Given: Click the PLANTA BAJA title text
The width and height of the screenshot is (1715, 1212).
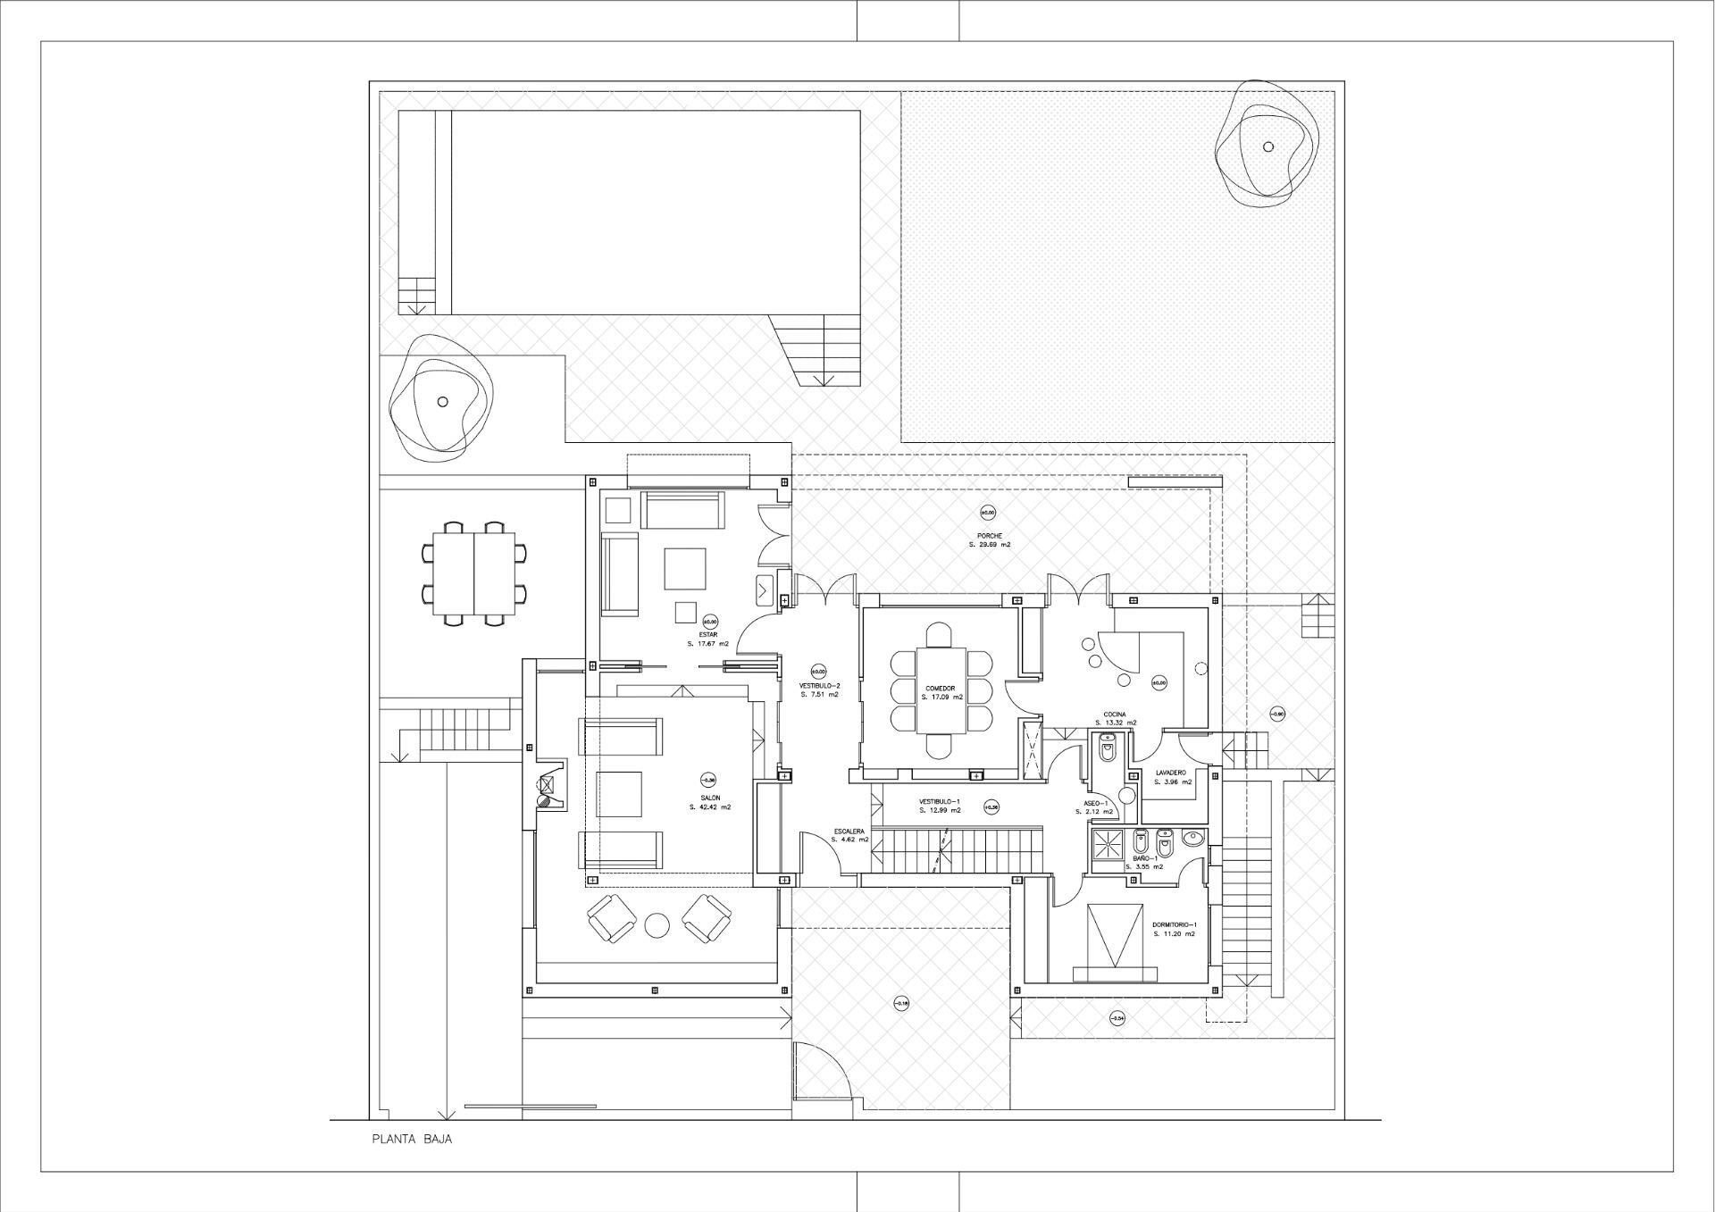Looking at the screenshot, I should pyautogui.click(x=412, y=1140).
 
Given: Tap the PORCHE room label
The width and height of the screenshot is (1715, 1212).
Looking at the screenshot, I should pyautogui.click(x=989, y=536).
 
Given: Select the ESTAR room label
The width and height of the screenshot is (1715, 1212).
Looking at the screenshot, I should pyautogui.click(x=708, y=635).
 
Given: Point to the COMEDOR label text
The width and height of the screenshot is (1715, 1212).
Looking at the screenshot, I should pyautogui.click(x=940, y=689).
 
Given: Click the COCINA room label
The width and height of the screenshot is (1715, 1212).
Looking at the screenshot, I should pyautogui.click(x=1114, y=715).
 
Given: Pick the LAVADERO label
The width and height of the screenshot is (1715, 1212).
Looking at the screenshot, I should pyautogui.click(x=1170, y=773).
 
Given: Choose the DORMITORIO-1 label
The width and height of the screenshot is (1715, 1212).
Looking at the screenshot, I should pyautogui.click(x=1174, y=924).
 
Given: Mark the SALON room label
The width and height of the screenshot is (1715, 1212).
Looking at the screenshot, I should pyautogui.click(x=710, y=798).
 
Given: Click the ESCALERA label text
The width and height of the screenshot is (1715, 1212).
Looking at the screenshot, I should pyautogui.click(x=849, y=831).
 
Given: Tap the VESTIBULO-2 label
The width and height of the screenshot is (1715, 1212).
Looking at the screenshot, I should pyautogui.click(x=819, y=685).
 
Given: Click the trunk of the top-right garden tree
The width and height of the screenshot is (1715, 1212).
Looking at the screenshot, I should pyautogui.click(x=1267, y=146).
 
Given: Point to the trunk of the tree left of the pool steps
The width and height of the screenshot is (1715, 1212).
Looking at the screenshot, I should pyautogui.click(x=442, y=402).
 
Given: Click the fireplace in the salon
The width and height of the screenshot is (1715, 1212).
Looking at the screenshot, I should pyautogui.click(x=548, y=785).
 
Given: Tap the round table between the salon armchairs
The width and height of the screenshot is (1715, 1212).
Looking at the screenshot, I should pyautogui.click(x=657, y=925).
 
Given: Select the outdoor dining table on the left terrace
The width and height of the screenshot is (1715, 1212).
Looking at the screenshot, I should pyautogui.click(x=473, y=573).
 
